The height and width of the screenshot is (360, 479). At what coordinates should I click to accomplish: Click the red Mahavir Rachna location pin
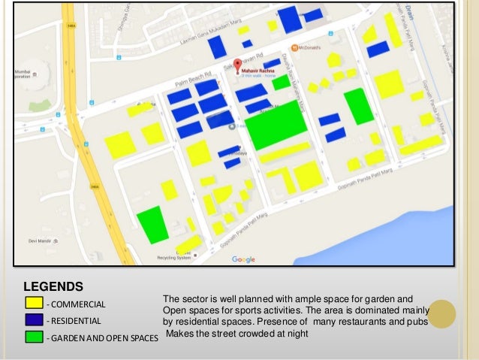(237, 65)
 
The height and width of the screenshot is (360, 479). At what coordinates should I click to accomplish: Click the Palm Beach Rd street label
(193, 73)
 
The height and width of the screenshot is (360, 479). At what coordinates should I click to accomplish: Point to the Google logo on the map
(243, 259)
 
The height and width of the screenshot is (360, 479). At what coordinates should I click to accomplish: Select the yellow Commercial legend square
(34, 303)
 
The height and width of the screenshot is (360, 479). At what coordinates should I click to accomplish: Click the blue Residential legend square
(34, 319)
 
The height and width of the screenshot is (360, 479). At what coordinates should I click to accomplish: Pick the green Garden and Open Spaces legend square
(34, 336)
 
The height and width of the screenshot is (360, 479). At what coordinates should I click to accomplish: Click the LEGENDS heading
(53, 286)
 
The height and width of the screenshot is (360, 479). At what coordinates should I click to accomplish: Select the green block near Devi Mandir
(152, 224)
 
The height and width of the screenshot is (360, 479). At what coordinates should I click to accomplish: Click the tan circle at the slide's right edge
(441, 314)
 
